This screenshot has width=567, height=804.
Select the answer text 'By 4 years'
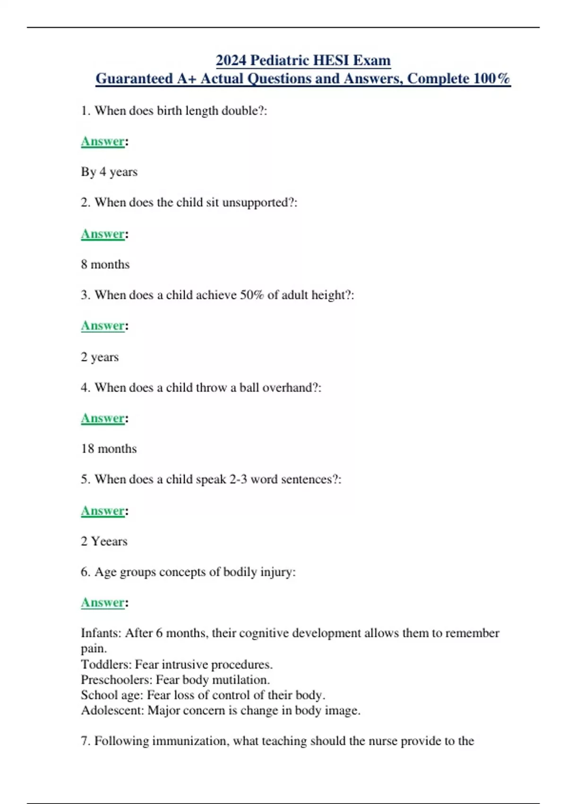click(x=109, y=172)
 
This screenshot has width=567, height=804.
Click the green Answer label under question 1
click(x=103, y=141)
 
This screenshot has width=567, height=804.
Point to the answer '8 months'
click(x=105, y=264)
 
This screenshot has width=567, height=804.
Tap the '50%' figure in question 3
click(x=252, y=295)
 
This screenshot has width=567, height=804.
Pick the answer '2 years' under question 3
click(x=100, y=357)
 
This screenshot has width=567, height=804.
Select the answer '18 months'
click(x=109, y=449)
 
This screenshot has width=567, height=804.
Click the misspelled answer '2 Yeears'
click(x=104, y=541)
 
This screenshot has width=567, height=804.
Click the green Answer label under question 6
click(x=103, y=603)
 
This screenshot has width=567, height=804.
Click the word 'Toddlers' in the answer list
click(x=106, y=664)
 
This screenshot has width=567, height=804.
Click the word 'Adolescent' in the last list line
click(x=112, y=710)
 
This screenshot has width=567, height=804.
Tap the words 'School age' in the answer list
click(x=112, y=695)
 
